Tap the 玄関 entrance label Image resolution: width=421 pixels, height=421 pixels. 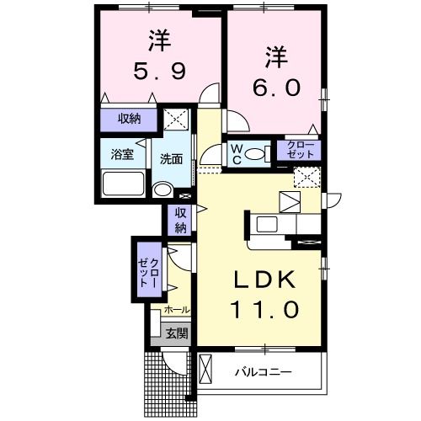point(176,333)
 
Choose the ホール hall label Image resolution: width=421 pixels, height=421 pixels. point(176,311)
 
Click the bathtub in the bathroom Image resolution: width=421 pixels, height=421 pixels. point(121,184)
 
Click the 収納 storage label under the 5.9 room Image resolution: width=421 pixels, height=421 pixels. point(129,119)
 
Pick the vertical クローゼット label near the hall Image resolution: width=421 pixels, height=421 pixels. point(149,271)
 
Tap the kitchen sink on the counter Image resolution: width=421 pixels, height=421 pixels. point(268,224)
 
